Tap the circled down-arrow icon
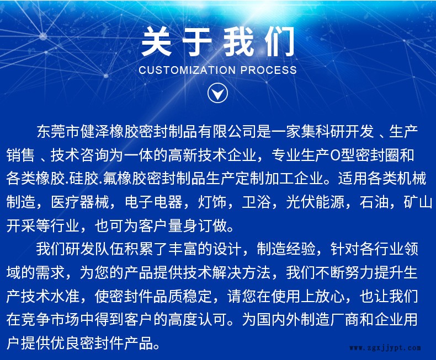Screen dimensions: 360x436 click(x=217, y=93)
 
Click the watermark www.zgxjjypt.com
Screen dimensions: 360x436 click(x=386, y=348)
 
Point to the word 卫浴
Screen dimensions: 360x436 click(x=256, y=202)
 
